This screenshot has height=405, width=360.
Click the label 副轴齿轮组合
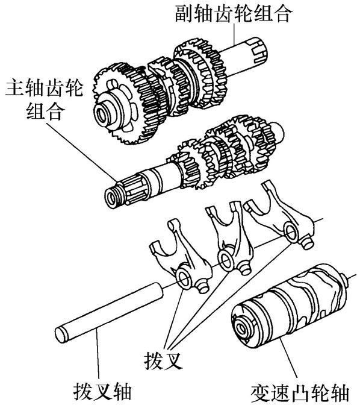[x=234, y=13]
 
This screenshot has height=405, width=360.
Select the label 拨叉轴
[x=102, y=391]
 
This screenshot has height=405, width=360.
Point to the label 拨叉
[x=163, y=360]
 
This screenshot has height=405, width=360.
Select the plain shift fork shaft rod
[x=109, y=313]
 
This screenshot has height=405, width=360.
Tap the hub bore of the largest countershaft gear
[x=100, y=115]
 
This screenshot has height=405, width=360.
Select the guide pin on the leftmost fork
[x=203, y=288]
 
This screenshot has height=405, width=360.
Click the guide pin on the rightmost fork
[x=307, y=243]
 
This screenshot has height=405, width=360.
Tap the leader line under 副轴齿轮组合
[x=234, y=34]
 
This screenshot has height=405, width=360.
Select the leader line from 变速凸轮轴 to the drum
[x=288, y=361]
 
